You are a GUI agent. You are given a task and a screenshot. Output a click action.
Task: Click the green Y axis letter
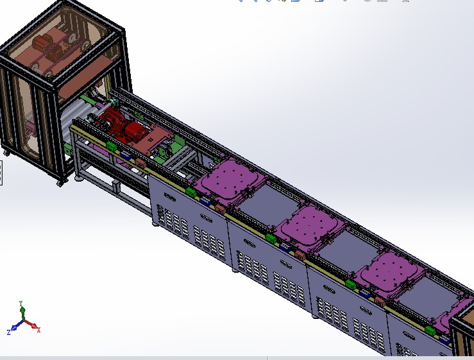tap(21, 302)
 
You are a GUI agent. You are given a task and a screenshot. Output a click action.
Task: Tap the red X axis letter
tap(39, 329)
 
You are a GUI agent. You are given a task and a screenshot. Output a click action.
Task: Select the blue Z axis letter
tap(8, 332)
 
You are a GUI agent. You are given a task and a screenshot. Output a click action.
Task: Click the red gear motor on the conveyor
tap(122, 125)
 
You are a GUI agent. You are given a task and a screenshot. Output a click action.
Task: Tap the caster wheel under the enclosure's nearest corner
tap(60, 183)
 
